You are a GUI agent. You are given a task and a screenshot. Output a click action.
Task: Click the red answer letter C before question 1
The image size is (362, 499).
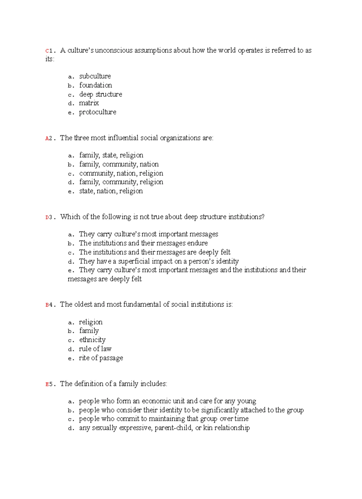coord(47,51)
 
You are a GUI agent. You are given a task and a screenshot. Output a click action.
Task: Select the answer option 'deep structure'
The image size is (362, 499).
coord(100,94)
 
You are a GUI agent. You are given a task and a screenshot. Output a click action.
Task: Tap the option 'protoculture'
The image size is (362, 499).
coord(97,112)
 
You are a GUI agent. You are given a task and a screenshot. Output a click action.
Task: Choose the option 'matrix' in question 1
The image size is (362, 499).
coord(89,103)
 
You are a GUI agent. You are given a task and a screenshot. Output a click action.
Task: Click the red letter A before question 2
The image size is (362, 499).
coord(47,139)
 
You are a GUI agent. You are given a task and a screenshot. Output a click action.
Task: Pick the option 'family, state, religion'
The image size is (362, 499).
coord(111,155)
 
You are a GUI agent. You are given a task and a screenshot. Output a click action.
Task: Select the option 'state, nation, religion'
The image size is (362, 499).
coord(111,191)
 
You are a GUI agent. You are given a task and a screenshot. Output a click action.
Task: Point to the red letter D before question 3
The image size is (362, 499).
coord(47,217)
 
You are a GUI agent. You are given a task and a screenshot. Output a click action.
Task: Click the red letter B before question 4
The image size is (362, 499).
coord(47,305)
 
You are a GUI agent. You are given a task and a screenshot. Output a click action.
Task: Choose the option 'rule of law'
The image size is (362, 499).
coord(95,349)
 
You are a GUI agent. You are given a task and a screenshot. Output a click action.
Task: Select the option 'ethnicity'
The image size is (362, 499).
coord(92,340)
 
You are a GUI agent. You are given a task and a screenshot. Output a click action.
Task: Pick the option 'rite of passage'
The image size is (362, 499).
coord(101,358)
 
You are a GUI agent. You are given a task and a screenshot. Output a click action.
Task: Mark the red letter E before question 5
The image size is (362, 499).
coord(47,385)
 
